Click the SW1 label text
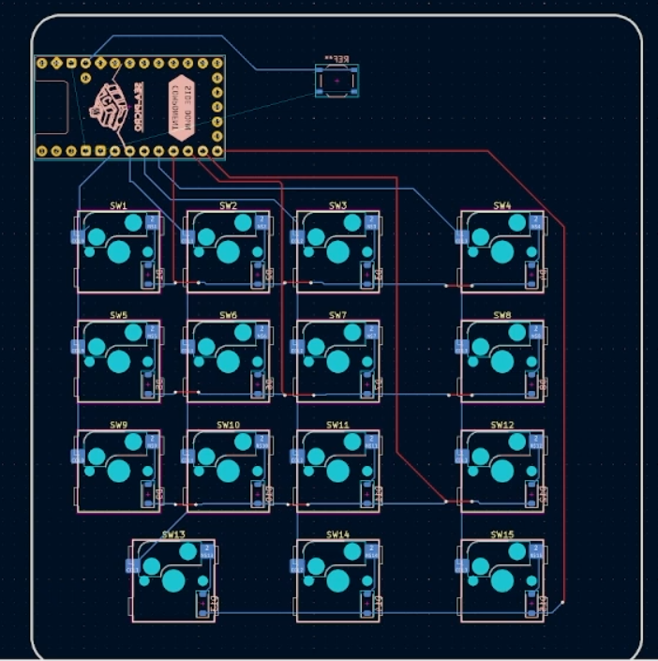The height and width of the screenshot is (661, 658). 118,205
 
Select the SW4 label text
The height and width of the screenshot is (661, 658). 502,205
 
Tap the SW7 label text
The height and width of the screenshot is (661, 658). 338,315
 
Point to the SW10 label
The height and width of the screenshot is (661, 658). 228,425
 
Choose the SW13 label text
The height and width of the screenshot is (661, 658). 173,534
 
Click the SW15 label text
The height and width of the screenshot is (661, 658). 502,534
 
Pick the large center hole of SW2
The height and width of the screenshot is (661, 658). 228,251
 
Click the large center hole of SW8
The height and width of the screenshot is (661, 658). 502,361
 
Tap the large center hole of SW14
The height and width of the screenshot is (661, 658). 338,580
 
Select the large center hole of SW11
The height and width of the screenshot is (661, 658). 338,471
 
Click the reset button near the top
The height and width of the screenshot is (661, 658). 336,82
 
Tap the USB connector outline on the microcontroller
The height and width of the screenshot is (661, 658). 52,108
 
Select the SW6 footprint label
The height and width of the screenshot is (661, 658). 228,315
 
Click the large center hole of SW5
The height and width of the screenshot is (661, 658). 118,361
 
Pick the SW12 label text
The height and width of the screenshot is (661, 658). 502,425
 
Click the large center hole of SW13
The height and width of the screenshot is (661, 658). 173,580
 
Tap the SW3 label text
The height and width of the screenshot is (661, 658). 338,205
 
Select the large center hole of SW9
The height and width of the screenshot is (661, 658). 118,471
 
